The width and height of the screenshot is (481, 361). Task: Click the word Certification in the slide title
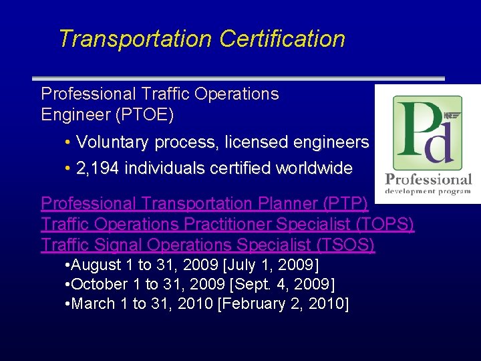[282, 39]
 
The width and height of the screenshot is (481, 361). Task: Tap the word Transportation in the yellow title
[135, 39]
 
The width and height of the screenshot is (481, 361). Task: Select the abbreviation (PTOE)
[145, 115]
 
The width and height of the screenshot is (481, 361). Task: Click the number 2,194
[98, 168]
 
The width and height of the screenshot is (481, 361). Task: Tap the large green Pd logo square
[427, 132]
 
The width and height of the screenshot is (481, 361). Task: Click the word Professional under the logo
[428, 179]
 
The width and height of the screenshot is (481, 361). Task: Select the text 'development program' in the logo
[428, 191]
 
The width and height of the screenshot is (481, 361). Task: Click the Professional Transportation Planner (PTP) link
[204, 203]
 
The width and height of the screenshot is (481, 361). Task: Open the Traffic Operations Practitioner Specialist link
[228, 224]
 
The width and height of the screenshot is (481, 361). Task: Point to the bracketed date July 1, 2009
[281, 265]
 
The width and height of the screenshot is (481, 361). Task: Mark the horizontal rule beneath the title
[238, 78]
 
